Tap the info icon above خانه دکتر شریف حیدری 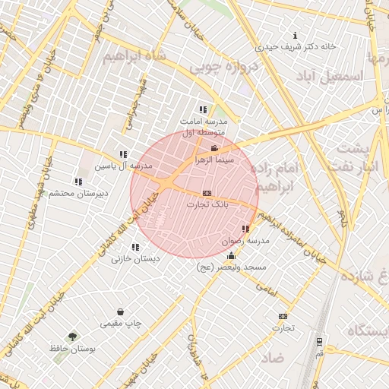point(296,36)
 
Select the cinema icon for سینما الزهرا point(214,149)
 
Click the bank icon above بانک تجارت point(207,194)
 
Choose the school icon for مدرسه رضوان point(245,229)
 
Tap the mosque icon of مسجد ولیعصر point(232,256)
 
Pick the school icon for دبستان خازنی point(135,247)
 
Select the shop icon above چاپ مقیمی point(120,312)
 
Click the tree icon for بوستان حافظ point(72,336)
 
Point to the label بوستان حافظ point(90,348)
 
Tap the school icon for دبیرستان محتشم point(78,182)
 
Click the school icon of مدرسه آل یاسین point(123,154)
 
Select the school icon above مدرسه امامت point(202,109)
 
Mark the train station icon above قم point(319,342)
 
